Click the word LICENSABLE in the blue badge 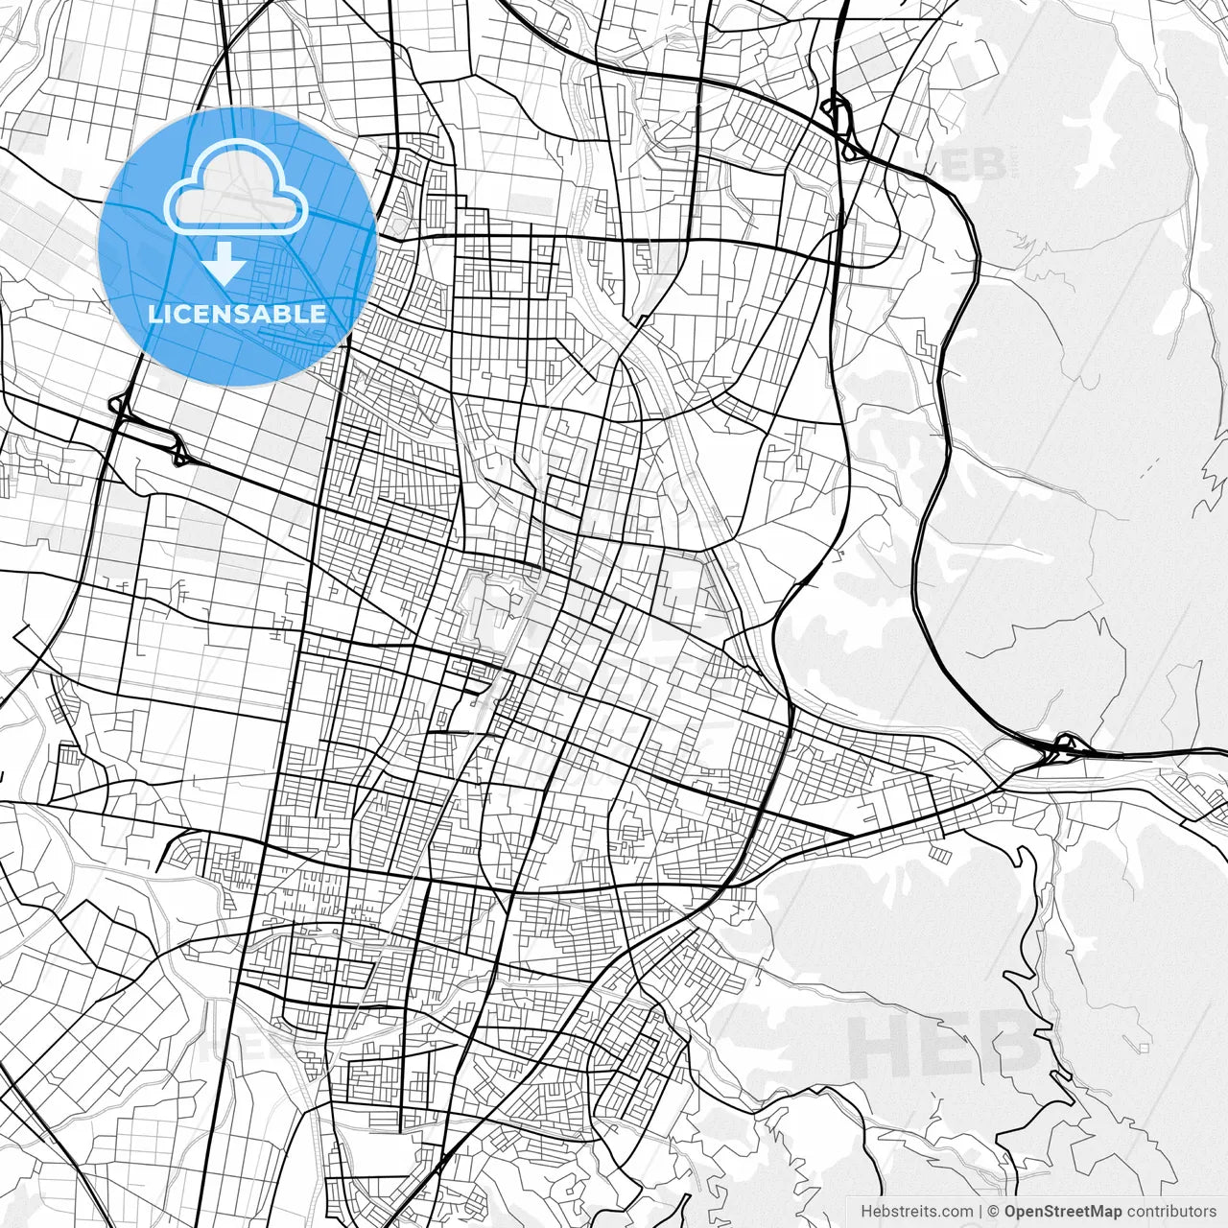(237, 314)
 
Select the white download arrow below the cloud (224, 263)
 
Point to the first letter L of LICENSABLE (153, 314)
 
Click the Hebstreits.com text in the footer (916, 1211)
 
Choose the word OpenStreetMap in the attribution (1063, 1211)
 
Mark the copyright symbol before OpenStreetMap (994, 1211)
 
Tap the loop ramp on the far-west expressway (120, 407)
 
